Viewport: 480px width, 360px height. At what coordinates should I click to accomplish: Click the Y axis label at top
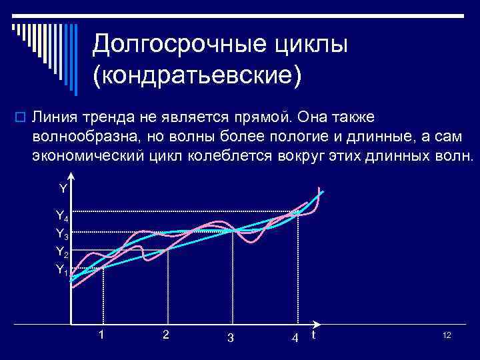click(x=63, y=189)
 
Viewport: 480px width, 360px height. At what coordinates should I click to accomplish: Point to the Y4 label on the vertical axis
click(x=61, y=215)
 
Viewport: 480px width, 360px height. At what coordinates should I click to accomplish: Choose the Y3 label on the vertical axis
click(x=61, y=234)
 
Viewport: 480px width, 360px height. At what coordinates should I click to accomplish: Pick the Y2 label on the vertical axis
click(x=61, y=252)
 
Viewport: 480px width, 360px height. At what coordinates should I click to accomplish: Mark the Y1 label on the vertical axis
click(x=61, y=269)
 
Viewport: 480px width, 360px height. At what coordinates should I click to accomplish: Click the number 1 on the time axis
click(x=101, y=334)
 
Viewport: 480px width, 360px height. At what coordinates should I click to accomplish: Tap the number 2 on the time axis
click(x=165, y=334)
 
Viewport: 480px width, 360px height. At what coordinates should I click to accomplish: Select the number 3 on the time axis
click(x=230, y=337)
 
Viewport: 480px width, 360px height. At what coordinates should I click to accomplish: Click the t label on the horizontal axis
click(x=313, y=335)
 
